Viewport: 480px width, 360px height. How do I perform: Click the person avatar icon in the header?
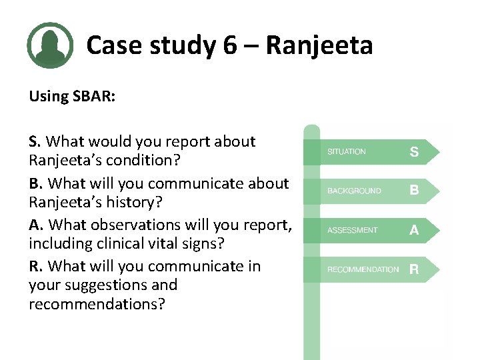pyautogui.click(x=50, y=45)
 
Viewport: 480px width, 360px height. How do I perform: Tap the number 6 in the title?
pyautogui.click(x=229, y=45)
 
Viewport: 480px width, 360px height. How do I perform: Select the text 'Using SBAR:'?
pyautogui.click(x=72, y=96)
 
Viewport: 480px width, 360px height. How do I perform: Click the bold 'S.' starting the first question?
pyautogui.click(x=35, y=141)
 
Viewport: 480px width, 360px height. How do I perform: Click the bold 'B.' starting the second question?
pyautogui.click(x=36, y=183)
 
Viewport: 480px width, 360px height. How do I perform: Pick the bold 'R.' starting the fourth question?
pyautogui.click(x=36, y=266)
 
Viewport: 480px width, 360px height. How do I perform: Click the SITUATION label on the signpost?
pyautogui.click(x=346, y=152)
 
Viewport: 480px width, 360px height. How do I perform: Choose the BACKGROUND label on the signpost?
pyautogui.click(x=354, y=191)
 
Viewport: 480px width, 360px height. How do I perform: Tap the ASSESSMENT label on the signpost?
pyautogui.click(x=352, y=230)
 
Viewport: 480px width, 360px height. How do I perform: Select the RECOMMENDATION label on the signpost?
pyautogui.click(x=363, y=269)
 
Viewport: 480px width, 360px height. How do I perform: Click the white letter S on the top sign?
pyautogui.click(x=414, y=152)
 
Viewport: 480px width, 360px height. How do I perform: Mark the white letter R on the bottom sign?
pyautogui.click(x=414, y=269)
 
